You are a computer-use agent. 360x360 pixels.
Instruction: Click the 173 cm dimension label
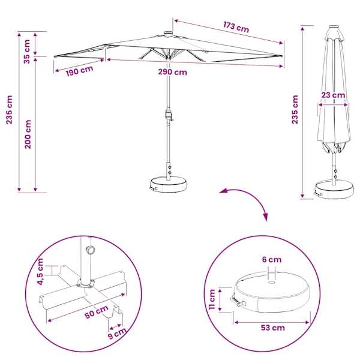click(x=236, y=27)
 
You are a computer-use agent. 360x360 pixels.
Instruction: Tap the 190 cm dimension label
click(x=79, y=71)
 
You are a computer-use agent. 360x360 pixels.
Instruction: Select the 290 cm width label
click(x=172, y=72)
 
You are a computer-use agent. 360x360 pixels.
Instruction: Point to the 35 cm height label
click(x=27, y=52)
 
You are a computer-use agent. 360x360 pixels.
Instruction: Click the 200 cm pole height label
click(x=28, y=134)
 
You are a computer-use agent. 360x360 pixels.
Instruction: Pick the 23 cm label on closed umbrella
click(x=333, y=95)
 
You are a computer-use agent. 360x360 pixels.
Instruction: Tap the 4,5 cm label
click(x=40, y=272)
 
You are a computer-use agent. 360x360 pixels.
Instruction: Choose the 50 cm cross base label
click(x=97, y=312)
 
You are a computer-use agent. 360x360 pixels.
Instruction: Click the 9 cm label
click(x=117, y=334)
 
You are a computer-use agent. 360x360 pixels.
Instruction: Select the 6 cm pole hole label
click(x=272, y=260)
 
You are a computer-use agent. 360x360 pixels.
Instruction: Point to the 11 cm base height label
click(x=212, y=299)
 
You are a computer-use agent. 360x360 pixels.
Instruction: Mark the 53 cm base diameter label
click(x=273, y=328)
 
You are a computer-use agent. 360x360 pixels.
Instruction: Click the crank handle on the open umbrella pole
click(x=169, y=115)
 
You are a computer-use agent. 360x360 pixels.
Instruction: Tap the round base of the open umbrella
click(x=168, y=184)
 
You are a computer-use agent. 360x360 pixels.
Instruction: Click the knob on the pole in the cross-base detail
click(x=90, y=250)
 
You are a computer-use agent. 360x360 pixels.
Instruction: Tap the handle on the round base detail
click(x=238, y=301)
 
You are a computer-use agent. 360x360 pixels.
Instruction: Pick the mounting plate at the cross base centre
click(x=86, y=283)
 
